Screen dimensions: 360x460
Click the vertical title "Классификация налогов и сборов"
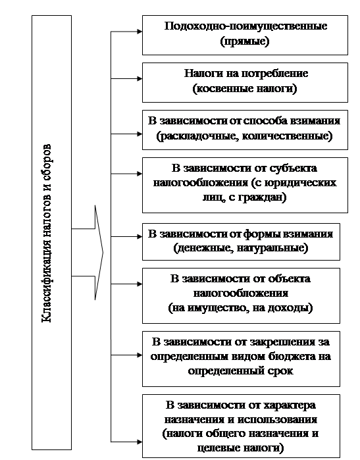47,234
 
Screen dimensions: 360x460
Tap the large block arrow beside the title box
88,253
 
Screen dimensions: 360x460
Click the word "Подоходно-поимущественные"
245,26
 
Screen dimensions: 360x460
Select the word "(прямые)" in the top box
245,41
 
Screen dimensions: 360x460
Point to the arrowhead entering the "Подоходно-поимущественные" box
140,32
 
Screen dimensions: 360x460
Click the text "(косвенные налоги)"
245,89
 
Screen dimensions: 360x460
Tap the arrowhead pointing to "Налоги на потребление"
140,78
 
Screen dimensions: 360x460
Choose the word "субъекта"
293,168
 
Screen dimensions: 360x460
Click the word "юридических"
301,183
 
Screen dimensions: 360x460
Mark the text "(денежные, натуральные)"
241,248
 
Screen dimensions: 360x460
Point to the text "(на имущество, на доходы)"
241,308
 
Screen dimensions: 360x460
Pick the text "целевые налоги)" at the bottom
241,448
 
